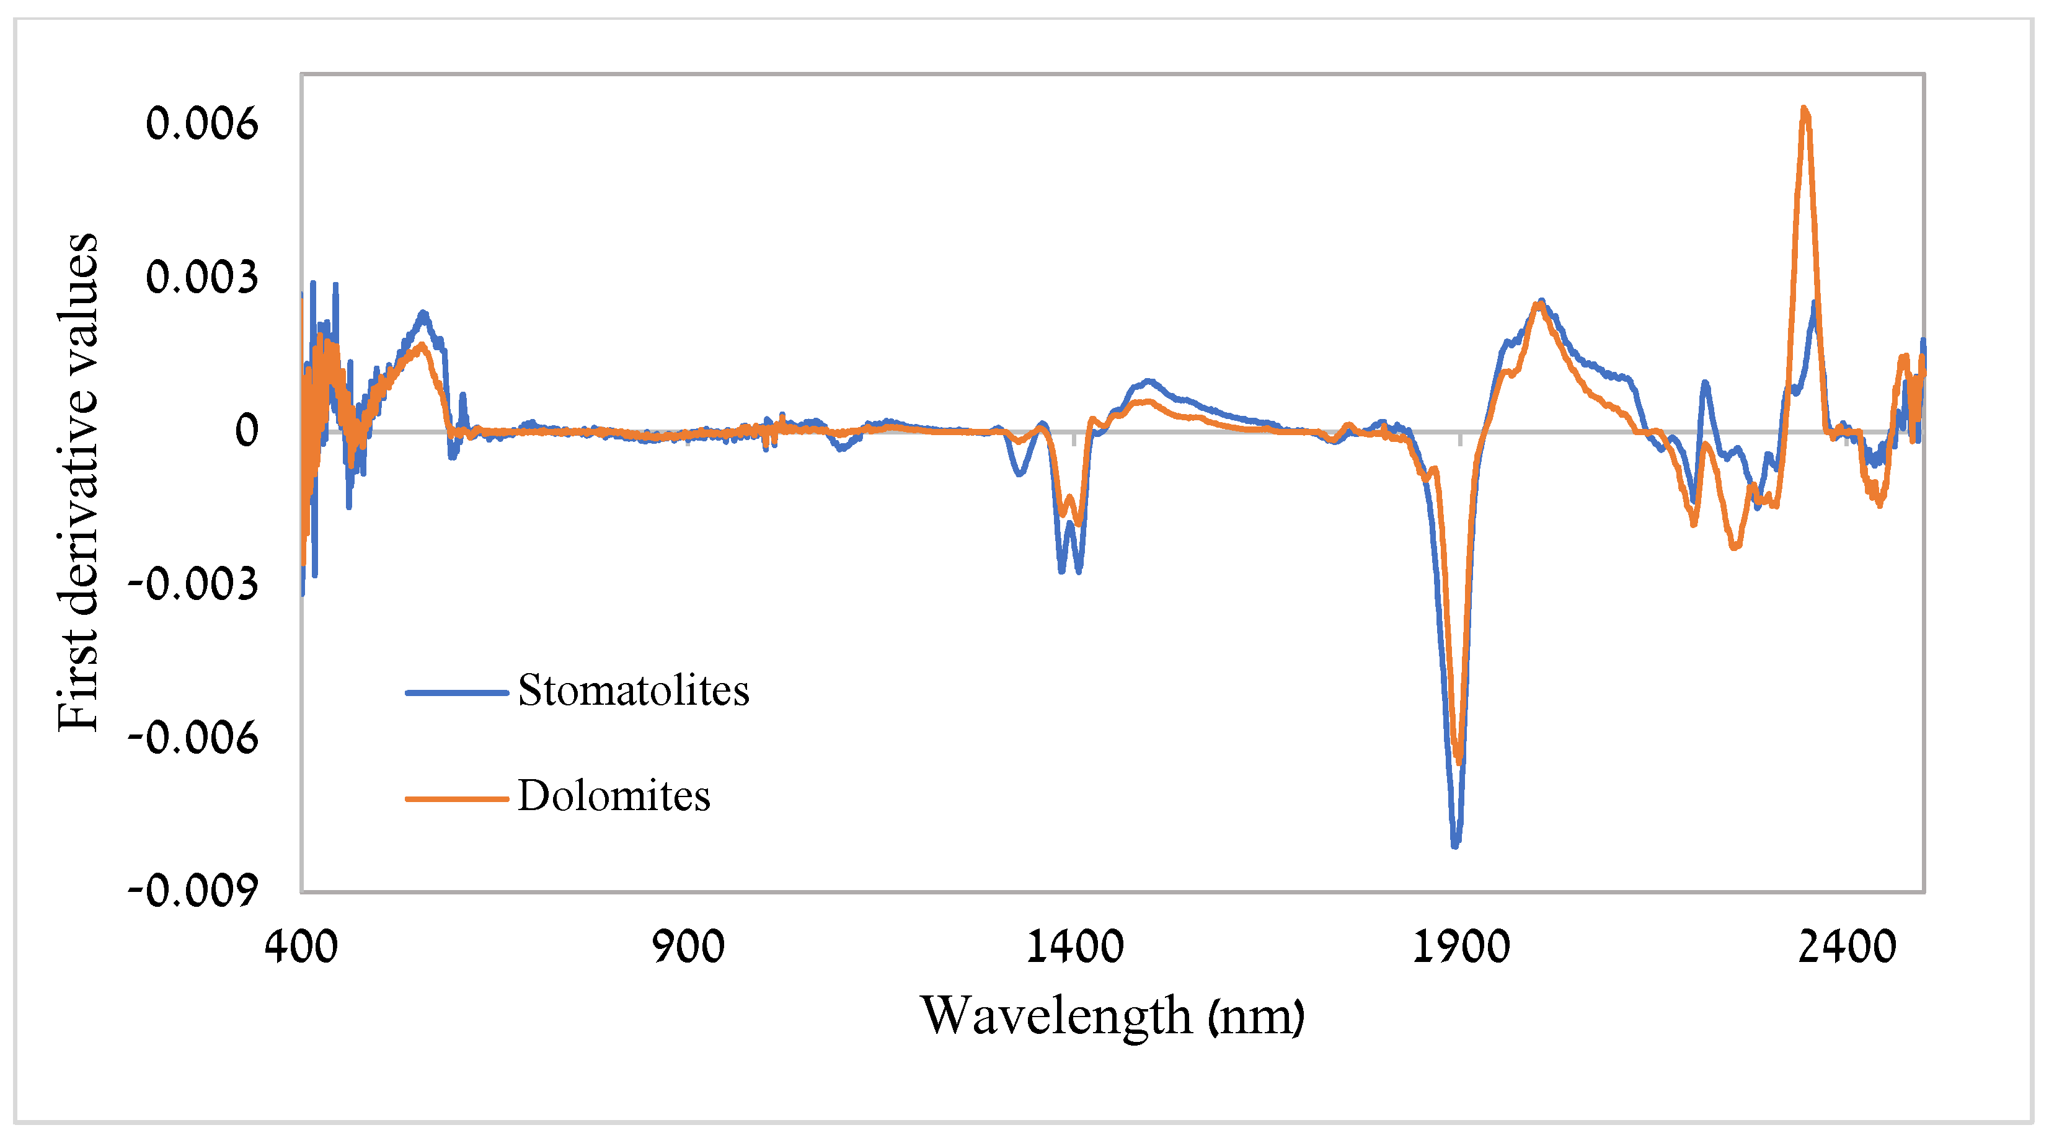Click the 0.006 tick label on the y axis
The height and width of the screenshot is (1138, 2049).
(x=201, y=124)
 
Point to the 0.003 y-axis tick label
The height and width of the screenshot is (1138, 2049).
(x=201, y=278)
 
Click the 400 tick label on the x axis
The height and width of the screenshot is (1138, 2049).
(x=301, y=947)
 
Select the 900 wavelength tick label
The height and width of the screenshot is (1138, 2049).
(x=688, y=947)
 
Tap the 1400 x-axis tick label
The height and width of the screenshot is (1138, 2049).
(x=1074, y=947)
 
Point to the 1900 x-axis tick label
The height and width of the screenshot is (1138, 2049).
(x=1461, y=947)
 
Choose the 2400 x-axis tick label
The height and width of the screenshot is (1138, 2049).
(x=1847, y=947)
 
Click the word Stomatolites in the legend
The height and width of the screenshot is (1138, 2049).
(x=633, y=690)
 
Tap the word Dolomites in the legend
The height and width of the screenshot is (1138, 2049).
(x=613, y=796)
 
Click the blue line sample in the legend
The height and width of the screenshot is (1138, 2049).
(x=456, y=693)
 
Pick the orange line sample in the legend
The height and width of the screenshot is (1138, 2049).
(x=456, y=798)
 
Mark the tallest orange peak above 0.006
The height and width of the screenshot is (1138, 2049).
(x=1805, y=110)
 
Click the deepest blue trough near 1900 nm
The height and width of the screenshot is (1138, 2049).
(x=1455, y=845)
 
